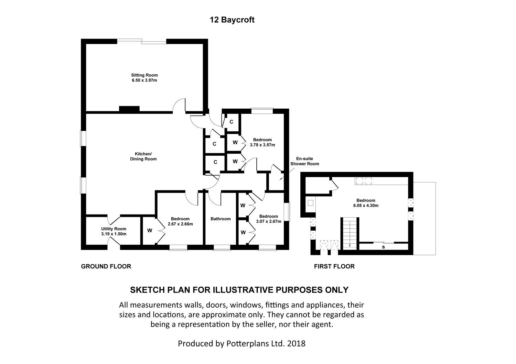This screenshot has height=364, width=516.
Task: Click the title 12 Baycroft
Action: coord(232,20)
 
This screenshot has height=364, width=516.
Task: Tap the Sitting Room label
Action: coord(144,75)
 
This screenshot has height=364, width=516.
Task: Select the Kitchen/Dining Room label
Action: coord(143,156)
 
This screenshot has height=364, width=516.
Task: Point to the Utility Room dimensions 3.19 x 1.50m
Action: coord(114,234)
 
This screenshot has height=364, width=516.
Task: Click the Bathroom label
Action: coord(221,219)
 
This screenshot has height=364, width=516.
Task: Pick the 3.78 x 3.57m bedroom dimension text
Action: coord(262,145)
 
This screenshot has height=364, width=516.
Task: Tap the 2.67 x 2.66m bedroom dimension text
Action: coord(180,224)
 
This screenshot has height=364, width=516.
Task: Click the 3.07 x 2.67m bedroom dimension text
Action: coord(269,221)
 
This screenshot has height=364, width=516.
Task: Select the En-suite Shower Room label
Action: coord(304,161)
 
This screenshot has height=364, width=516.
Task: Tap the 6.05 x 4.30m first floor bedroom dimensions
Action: coord(366,206)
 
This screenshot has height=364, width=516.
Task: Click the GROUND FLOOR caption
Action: coord(106,266)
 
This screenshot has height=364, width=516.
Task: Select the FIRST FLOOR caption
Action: coord(334,266)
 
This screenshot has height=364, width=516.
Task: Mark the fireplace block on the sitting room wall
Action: coord(129,109)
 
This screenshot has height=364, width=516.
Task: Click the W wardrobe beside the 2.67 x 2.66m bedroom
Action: coord(150,231)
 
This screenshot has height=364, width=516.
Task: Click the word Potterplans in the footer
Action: coord(247,343)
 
